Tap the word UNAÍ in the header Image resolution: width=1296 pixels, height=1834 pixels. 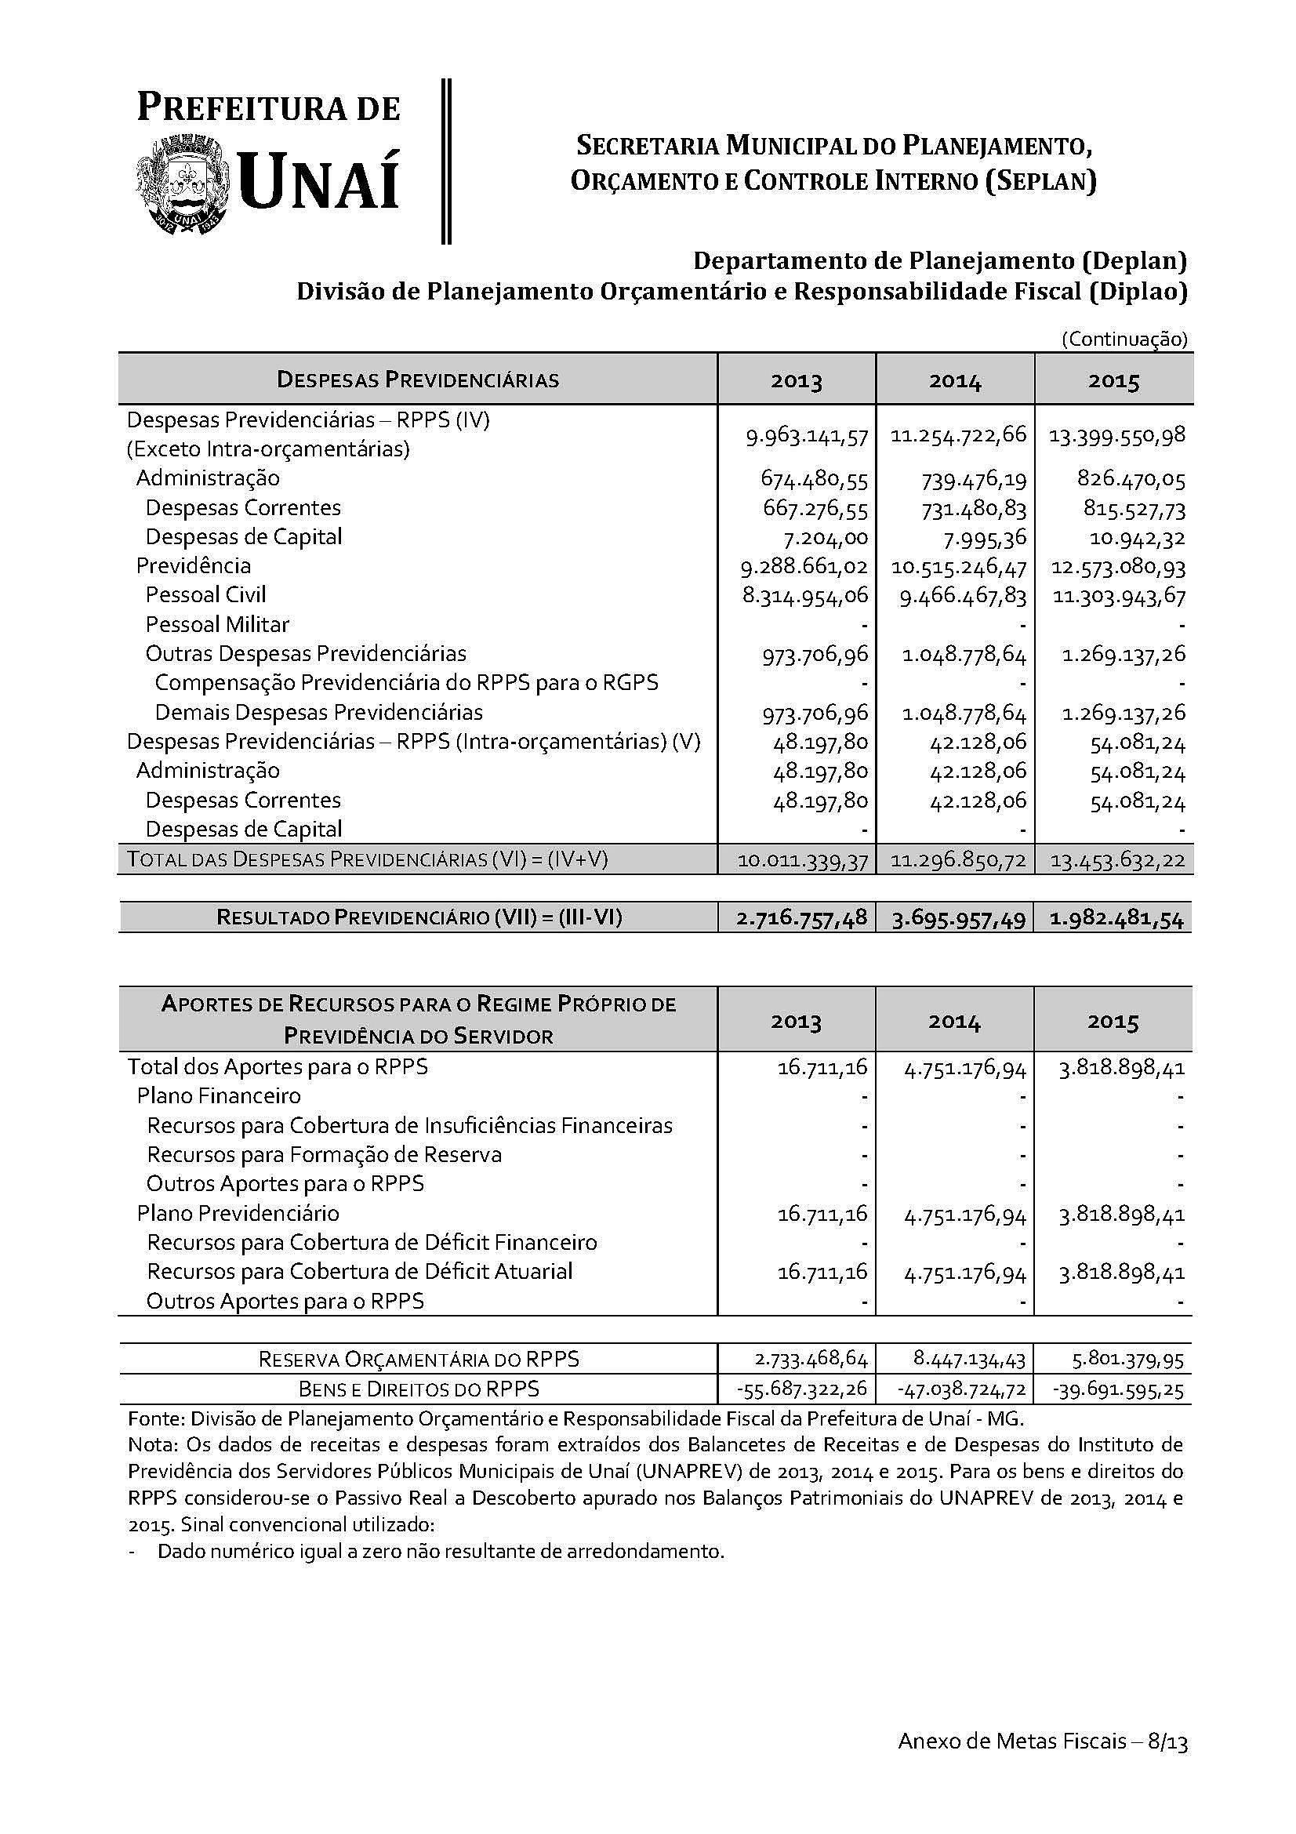click(318, 182)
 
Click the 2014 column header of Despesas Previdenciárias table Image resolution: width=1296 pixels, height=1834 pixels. click(955, 381)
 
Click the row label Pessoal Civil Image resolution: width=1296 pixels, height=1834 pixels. click(206, 595)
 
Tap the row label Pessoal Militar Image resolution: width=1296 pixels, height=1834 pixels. click(217, 625)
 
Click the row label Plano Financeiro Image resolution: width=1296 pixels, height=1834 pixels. click(219, 1096)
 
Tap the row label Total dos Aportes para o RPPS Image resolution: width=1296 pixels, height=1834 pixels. click(278, 1067)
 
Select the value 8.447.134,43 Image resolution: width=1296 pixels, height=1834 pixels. click(963, 1360)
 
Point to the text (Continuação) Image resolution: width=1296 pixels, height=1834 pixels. click(1124, 340)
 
